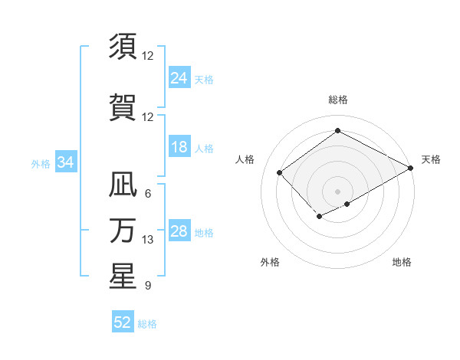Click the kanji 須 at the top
tap(122, 47)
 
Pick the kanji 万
tap(122, 231)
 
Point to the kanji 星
tap(122, 277)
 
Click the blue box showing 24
tap(179, 77)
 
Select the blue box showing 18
tap(179, 147)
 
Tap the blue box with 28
tap(179, 231)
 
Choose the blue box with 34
tap(66, 162)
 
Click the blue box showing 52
tap(123, 322)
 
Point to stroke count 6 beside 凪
tap(148, 194)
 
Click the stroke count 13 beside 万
tap(149, 240)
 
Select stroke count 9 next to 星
tap(148, 286)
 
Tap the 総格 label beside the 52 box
tap(147, 324)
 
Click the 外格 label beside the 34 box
tap(41, 163)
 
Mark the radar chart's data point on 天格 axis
tap(411, 167)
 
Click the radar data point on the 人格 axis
tap(280, 172)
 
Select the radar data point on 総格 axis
tap(337, 131)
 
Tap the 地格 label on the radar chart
tap(402, 262)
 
